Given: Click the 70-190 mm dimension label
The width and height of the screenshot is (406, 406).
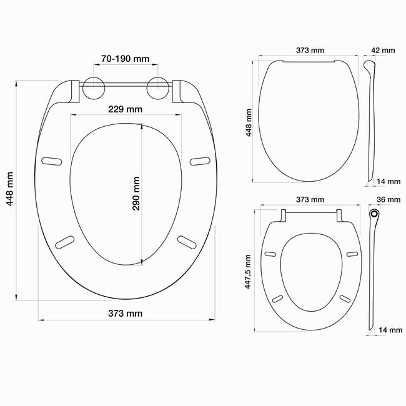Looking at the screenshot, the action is point(126,59).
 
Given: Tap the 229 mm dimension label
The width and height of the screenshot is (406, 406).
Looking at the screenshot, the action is point(126,109).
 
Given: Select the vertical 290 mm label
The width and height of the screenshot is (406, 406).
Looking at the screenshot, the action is point(136,194).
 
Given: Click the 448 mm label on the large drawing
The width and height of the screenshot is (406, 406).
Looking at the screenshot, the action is point(10,189).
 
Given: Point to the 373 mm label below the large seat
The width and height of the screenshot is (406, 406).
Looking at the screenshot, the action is point(126,314).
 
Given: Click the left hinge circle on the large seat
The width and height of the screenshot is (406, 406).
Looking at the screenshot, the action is point(94,88).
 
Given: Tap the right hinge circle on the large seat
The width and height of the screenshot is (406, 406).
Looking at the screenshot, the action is point(158,88).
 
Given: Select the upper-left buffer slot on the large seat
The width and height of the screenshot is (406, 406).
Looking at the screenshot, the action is point(51,161).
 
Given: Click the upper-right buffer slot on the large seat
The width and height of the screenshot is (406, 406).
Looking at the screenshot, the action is point(200,161).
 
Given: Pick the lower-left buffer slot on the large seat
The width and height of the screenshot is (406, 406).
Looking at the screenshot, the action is point(65,242).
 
